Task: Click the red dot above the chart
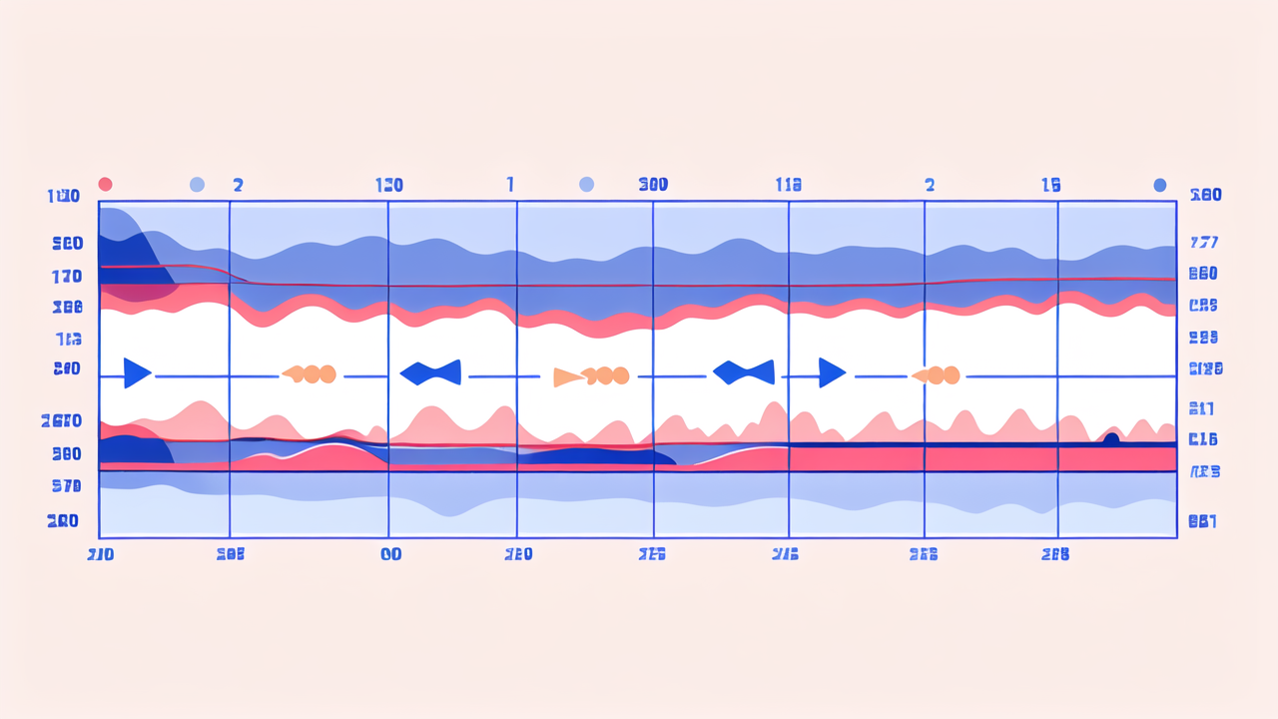tap(105, 185)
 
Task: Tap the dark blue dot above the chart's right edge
tap(1159, 185)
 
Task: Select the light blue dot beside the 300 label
tap(586, 185)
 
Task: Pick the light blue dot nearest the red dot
tap(197, 185)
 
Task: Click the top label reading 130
tap(389, 185)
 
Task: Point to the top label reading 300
tap(653, 185)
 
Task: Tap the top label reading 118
tap(789, 185)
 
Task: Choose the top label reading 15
tap(1050, 185)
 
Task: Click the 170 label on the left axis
tap(66, 276)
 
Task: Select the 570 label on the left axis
tap(66, 486)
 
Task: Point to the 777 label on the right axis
tap(1204, 243)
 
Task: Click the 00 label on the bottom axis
tap(390, 554)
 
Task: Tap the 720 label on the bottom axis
tap(518, 554)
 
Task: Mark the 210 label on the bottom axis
tap(101, 554)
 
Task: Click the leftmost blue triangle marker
tap(137, 372)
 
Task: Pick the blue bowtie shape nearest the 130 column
tap(430, 372)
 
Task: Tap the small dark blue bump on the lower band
tap(1110, 437)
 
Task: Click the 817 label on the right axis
tap(1202, 407)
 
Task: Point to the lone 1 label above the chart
tap(510, 185)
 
